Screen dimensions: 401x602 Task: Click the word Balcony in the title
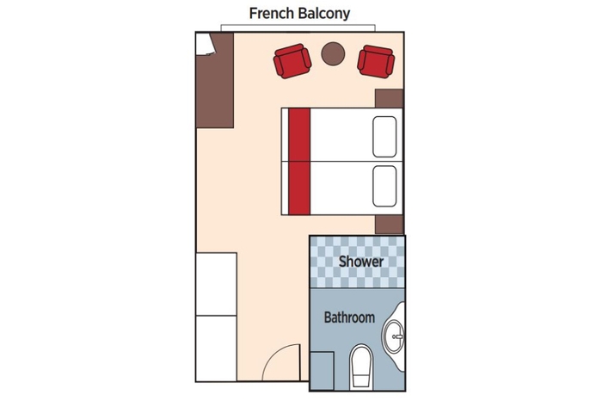[322, 14]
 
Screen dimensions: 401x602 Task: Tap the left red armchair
[292, 61]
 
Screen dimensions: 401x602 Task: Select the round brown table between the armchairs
[333, 54]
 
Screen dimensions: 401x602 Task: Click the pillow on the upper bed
[386, 134]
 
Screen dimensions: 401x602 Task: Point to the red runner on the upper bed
[298, 134]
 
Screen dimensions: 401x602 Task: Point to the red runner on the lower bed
[298, 185]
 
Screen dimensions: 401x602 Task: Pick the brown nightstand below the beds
[390, 224]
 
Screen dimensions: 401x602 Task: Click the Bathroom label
[348, 318]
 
